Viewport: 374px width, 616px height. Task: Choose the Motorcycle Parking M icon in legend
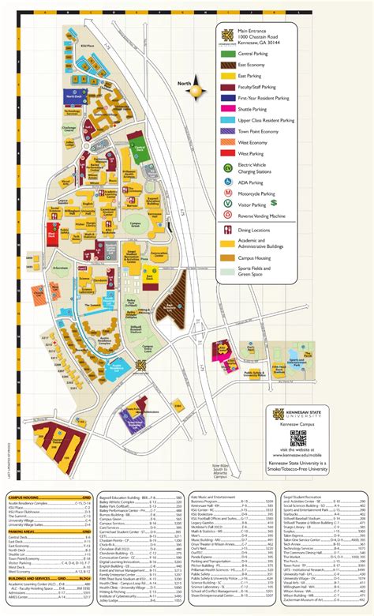[227, 192]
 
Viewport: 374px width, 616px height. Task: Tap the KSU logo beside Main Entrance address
[227, 33]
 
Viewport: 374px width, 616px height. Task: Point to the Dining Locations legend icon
[227, 230]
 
